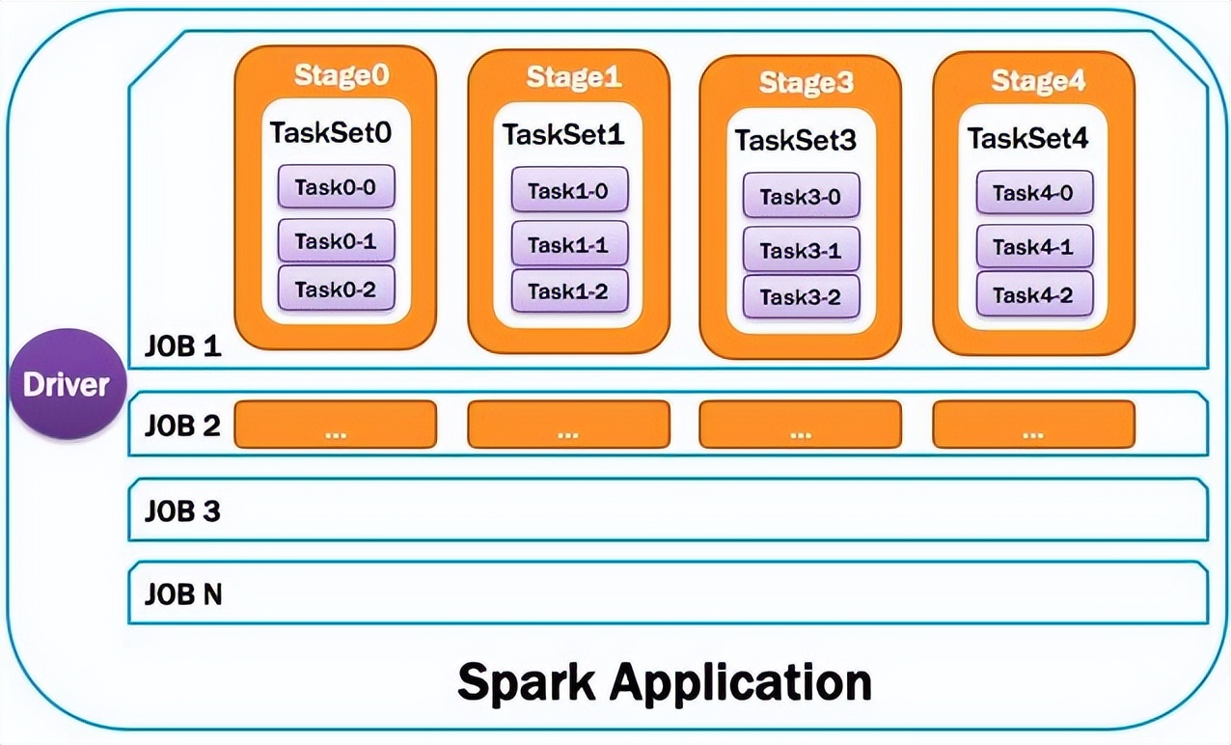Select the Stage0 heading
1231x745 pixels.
coord(335,75)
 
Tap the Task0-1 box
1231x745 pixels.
coord(336,241)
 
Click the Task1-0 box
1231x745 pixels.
coord(569,190)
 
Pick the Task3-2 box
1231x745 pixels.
coord(801,297)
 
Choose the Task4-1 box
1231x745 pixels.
coord(1033,246)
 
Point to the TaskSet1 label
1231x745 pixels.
coord(563,136)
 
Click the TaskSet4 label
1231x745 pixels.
coord(1027,139)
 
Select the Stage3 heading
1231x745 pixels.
coord(806,83)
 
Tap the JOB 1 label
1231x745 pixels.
coord(182,345)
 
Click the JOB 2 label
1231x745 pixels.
coord(182,425)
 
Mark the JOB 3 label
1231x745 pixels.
coord(182,510)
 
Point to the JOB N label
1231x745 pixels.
coord(183,594)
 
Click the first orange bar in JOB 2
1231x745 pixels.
coord(336,425)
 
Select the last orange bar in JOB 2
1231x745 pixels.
coord(1033,425)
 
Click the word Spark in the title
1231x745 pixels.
coord(527,681)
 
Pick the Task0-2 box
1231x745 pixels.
coord(336,289)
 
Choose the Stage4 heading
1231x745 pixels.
coord(1038,81)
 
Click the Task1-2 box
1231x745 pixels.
coord(569,291)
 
